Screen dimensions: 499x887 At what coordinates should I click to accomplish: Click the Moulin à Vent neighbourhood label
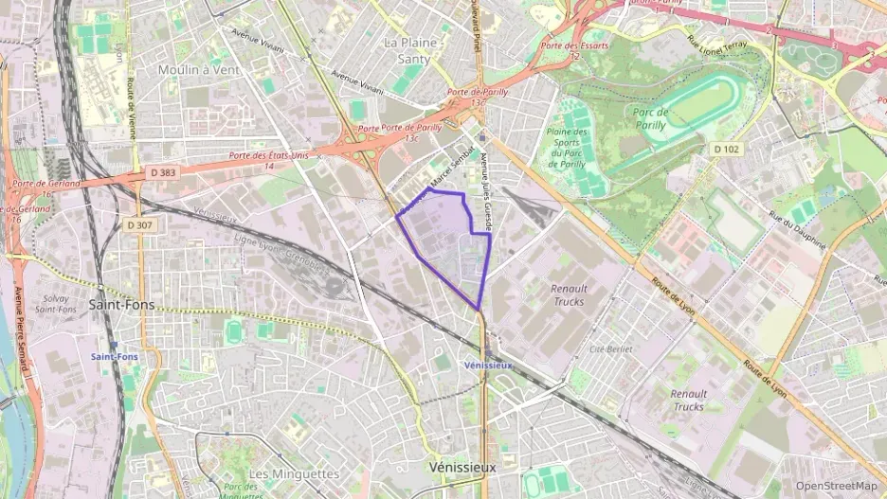(196, 70)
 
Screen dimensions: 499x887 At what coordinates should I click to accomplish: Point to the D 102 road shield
(726, 149)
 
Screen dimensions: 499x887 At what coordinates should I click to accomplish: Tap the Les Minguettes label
(293, 472)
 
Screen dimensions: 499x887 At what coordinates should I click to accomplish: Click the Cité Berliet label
(610, 349)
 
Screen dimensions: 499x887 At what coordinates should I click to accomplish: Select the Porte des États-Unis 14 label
(264, 160)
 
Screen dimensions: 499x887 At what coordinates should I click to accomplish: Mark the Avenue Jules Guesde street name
(485, 194)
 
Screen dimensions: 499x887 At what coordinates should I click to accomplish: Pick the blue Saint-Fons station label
(114, 356)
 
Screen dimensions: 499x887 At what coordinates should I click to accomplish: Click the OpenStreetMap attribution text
(836, 486)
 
